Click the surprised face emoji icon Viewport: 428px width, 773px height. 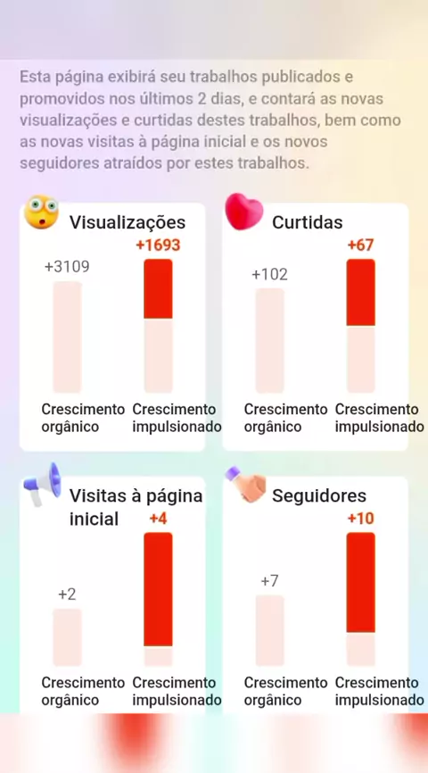pyautogui.click(x=41, y=212)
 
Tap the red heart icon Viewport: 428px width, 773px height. pyautogui.click(x=243, y=212)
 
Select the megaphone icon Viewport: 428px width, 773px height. pyautogui.click(x=42, y=484)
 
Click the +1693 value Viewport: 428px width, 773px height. pyautogui.click(x=158, y=245)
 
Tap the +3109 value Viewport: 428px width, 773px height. pyautogui.click(x=67, y=267)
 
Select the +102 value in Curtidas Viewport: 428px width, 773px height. pyautogui.click(x=269, y=274)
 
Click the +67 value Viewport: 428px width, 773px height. pyautogui.click(x=360, y=245)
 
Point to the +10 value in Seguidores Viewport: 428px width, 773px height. pyautogui.click(x=360, y=519)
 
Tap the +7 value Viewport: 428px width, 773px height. pyautogui.click(x=269, y=581)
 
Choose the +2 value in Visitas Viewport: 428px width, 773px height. pyautogui.click(x=67, y=594)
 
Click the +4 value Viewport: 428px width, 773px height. pyautogui.click(x=158, y=519)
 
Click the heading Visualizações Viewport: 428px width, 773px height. pyautogui.click(x=128, y=222)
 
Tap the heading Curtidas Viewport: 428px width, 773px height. pyautogui.click(x=308, y=222)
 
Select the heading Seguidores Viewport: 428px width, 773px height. pyautogui.click(x=319, y=495)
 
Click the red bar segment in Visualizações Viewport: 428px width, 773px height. pyautogui.click(x=158, y=289)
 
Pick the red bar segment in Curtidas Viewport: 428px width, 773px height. pyautogui.click(x=360, y=293)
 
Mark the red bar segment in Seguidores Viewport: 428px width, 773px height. pyautogui.click(x=360, y=582)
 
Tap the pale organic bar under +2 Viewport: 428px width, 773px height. pyautogui.click(x=67, y=637)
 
